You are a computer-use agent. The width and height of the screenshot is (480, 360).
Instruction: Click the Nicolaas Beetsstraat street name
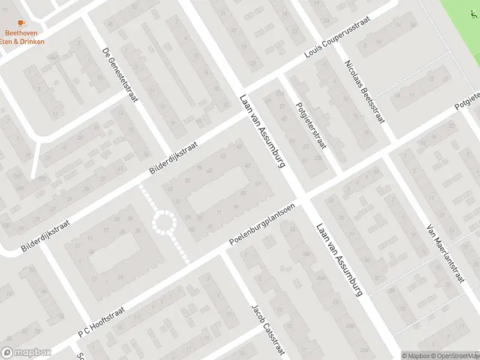[364, 91]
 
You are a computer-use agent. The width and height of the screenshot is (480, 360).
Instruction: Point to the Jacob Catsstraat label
[267, 331]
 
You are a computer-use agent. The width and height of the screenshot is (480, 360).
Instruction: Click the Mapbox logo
[26, 352]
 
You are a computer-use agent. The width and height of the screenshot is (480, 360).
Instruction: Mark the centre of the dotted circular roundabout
[164, 223]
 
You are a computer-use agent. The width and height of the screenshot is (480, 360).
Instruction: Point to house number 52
[188, 180]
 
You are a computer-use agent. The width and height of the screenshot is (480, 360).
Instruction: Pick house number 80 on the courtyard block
[243, 193]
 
